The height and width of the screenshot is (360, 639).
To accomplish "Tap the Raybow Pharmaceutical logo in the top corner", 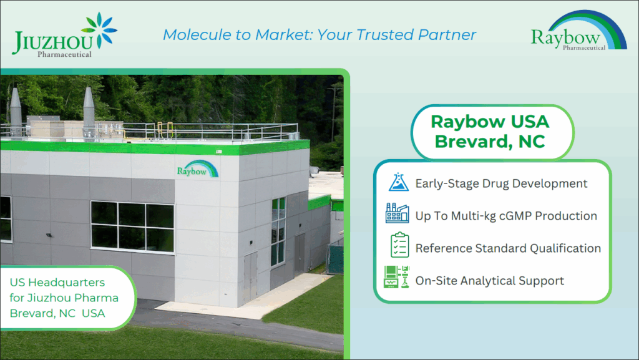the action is click(x=578, y=31).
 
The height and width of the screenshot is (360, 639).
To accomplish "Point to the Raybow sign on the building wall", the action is click(x=197, y=169).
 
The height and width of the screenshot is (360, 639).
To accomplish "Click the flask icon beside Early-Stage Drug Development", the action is click(x=398, y=182).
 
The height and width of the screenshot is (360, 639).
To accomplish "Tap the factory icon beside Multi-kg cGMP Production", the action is click(x=398, y=213).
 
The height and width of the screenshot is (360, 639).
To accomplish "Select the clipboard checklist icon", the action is click(x=399, y=245).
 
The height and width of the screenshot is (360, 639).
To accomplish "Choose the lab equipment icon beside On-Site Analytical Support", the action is click(x=396, y=277).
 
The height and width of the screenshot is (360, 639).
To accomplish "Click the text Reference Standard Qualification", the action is click(x=508, y=248).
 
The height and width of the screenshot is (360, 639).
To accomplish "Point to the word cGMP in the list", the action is click(x=515, y=216).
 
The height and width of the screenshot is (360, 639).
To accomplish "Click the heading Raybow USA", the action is click(x=490, y=122).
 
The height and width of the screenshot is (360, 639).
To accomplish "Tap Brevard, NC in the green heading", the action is click(x=490, y=142).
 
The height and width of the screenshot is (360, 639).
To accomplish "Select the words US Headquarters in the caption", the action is click(x=57, y=282).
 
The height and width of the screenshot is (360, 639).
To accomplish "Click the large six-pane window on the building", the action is click(x=132, y=226).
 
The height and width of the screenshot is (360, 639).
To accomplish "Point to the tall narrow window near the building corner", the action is click(x=278, y=231).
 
